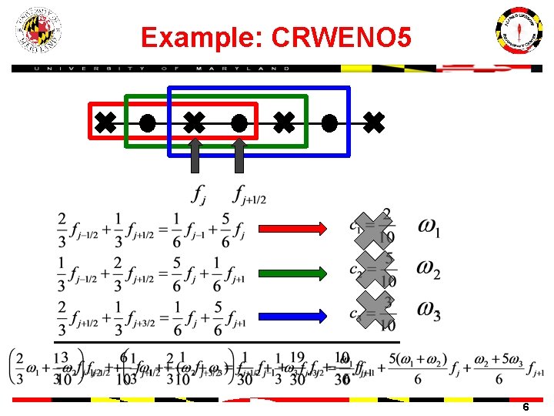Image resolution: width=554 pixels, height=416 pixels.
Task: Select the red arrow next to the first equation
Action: pyautogui.click(x=292, y=228)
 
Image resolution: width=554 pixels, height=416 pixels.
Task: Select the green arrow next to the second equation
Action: pyautogui.click(x=292, y=272)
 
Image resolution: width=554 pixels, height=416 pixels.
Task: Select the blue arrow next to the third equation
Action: pyautogui.click(x=292, y=315)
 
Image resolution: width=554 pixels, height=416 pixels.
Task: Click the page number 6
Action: pyautogui.click(x=525, y=406)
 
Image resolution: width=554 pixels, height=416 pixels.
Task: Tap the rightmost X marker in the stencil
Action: pyautogui.click(x=373, y=122)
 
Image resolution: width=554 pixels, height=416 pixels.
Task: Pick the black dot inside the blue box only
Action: pyautogui.click(x=329, y=122)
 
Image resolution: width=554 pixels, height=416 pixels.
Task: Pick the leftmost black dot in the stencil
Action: pyautogui.click(x=148, y=122)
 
